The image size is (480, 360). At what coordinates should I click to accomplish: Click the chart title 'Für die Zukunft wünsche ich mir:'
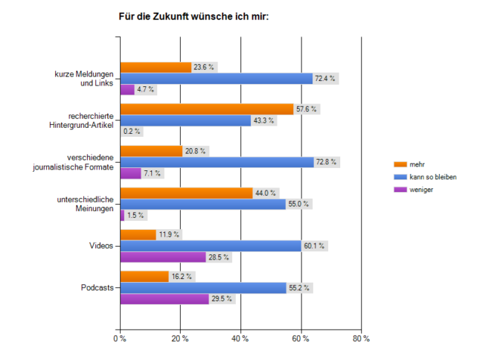coord(193,14)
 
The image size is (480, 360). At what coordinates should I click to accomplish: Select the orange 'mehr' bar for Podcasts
coord(144,277)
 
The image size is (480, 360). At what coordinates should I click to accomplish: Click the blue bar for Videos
coord(210,246)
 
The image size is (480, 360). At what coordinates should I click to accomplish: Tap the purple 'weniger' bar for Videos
coord(163,257)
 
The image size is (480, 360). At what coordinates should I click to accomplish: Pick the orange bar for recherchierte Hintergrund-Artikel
coord(207,109)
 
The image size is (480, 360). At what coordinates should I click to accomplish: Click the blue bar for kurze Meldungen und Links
coord(216,78)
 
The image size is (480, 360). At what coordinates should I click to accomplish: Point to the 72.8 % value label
coord(327,162)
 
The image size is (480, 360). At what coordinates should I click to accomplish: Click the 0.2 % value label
coord(133,132)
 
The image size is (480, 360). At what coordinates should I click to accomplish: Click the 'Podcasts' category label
coord(97,288)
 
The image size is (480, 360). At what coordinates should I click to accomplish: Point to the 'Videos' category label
coord(101,246)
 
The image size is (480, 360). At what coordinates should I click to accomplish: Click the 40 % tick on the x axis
coord(240,339)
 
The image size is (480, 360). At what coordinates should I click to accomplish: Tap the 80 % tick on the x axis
coord(361,339)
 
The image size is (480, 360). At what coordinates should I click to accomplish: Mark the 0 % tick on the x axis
coord(120,339)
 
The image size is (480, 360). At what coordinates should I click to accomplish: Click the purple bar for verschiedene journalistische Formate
coord(130,173)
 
